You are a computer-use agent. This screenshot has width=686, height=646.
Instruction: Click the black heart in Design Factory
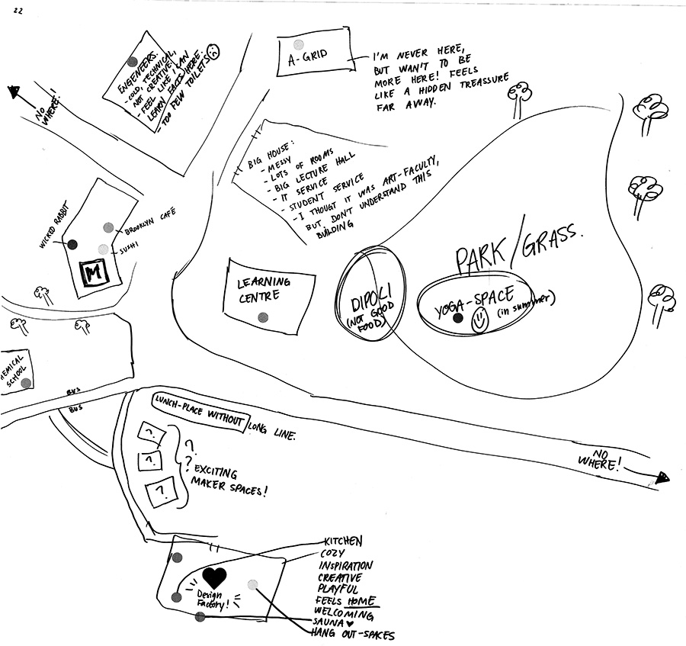point(216,577)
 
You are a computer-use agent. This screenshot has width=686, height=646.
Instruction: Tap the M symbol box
point(95,272)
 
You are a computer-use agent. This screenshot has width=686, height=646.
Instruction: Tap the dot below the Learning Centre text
point(263,317)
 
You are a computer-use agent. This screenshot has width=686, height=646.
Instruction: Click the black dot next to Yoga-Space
point(457,319)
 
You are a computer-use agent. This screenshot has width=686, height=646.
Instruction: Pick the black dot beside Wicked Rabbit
point(72,244)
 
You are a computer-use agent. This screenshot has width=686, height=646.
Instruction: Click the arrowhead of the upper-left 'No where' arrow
point(14,92)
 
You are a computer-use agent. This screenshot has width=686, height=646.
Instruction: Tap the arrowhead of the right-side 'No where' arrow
point(662,477)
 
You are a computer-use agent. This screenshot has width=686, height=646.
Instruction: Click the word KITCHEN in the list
point(342,541)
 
